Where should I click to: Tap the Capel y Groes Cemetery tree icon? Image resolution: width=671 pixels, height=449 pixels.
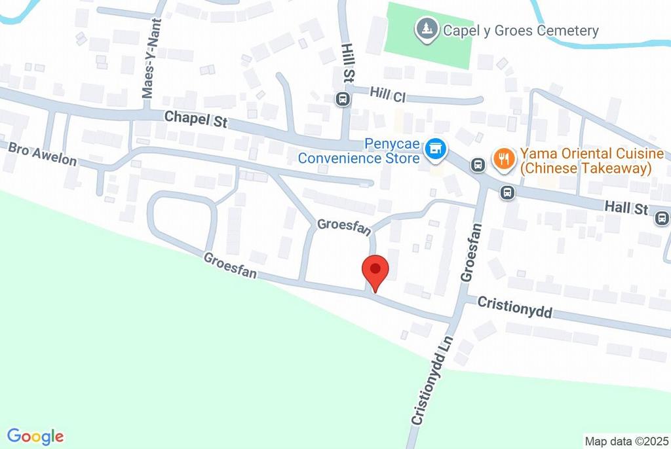[x=427, y=29]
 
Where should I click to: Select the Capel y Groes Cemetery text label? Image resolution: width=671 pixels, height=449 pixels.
[x=521, y=30]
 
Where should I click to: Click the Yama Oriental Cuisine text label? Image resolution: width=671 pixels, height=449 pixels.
[x=591, y=161]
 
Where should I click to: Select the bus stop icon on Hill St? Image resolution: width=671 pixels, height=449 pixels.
[x=341, y=99]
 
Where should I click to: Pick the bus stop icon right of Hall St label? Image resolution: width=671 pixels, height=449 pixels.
[x=662, y=218]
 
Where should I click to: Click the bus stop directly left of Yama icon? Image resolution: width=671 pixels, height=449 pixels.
[x=478, y=165]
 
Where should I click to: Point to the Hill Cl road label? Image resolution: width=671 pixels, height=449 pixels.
[x=388, y=95]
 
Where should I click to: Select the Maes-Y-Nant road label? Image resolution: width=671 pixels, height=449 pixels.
[x=148, y=67]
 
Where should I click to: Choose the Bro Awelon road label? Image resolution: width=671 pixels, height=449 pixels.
[x=43, y=154]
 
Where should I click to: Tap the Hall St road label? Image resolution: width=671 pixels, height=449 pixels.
[x=626, y=207]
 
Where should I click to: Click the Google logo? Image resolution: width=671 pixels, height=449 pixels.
[x=35, y=436]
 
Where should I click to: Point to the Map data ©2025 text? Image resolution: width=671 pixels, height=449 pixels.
[x=626, y=441]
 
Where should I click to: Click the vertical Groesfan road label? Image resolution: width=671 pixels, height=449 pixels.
[x=471, y=253]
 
